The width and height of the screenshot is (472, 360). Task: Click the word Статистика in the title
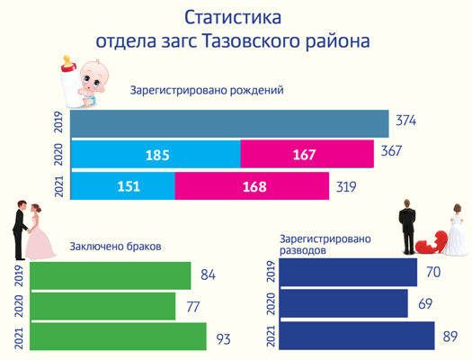pos(233,17)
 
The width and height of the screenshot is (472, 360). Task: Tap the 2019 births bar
pos(229,123)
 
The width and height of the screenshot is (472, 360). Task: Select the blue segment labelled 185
pos(156,154)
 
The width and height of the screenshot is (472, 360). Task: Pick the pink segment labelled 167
pos(307,154)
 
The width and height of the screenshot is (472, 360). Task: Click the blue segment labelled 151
pos(122,186)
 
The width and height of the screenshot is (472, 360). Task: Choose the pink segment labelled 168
pos(252,186)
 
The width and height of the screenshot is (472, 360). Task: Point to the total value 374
pos(405,121)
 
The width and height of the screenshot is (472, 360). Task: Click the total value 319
pos(346,187)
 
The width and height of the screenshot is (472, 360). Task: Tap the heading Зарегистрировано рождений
pos(207,90)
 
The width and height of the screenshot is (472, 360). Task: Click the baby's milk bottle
pos(72,83)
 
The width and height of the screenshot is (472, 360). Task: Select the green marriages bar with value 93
pos(118,337)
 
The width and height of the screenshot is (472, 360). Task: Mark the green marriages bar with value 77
pos(102,306)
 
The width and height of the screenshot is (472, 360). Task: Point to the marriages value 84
pos(208,274)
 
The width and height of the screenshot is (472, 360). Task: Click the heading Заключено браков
pos(115,247)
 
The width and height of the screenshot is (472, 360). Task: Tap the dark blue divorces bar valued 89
pos(357,336)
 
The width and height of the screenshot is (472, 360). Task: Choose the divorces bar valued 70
pos(348,272)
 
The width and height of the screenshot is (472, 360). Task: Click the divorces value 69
pos(425,303)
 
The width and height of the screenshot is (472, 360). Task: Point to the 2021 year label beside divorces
pos(272,336)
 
